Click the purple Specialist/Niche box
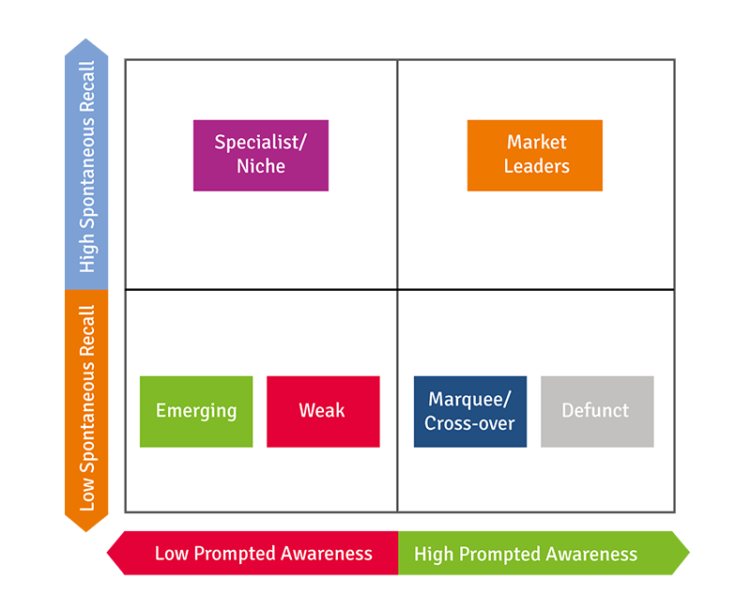point(261,155)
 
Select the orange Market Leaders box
point(535,155)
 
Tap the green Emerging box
point(196,411)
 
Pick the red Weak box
point(323,411)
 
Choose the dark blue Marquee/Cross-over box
point(469,411)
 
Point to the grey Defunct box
point(597,411)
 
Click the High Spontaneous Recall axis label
point(87,167)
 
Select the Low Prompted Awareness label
point(263,554)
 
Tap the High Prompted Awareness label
point(526,554)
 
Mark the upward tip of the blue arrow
point(86,41)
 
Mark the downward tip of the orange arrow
point(86,529)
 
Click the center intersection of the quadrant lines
point(397,289)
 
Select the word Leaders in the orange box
point(537,166)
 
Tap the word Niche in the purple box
point(261,166)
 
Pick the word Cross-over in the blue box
point(469,423)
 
